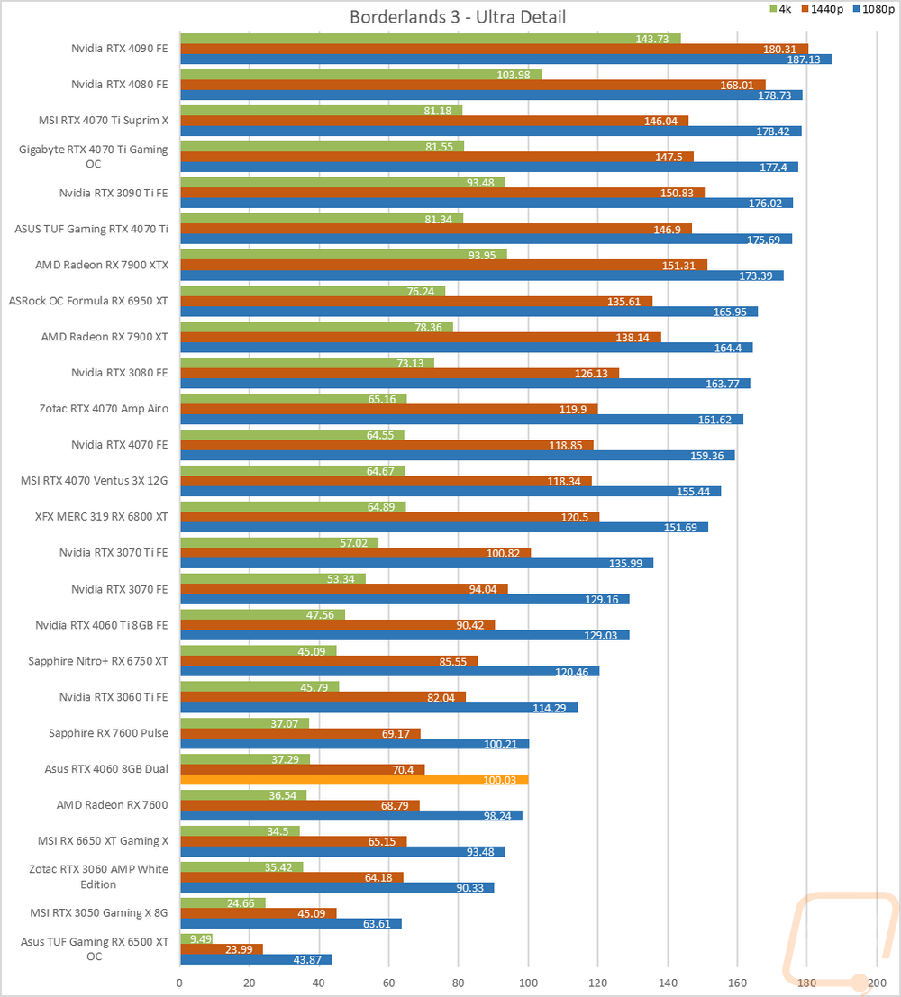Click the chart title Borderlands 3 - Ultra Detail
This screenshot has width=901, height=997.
[x=458, y=17]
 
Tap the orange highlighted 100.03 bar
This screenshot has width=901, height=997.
[x=354, y=780]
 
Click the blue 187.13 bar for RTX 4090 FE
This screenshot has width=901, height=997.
[x=505, y=59]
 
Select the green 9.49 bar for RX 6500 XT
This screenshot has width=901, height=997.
[x=196, y=938]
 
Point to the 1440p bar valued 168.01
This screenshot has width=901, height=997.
[x=472, y=85]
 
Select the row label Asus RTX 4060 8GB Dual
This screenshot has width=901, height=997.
[x=106, y=768]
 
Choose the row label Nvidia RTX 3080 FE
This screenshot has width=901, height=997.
[x=120, y=372]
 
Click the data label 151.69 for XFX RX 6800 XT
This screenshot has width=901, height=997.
[x=690, y=528]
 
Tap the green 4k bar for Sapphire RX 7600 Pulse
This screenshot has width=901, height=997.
[x=244, y=722]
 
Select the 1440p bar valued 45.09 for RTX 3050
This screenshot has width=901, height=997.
[x=258, y=913]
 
